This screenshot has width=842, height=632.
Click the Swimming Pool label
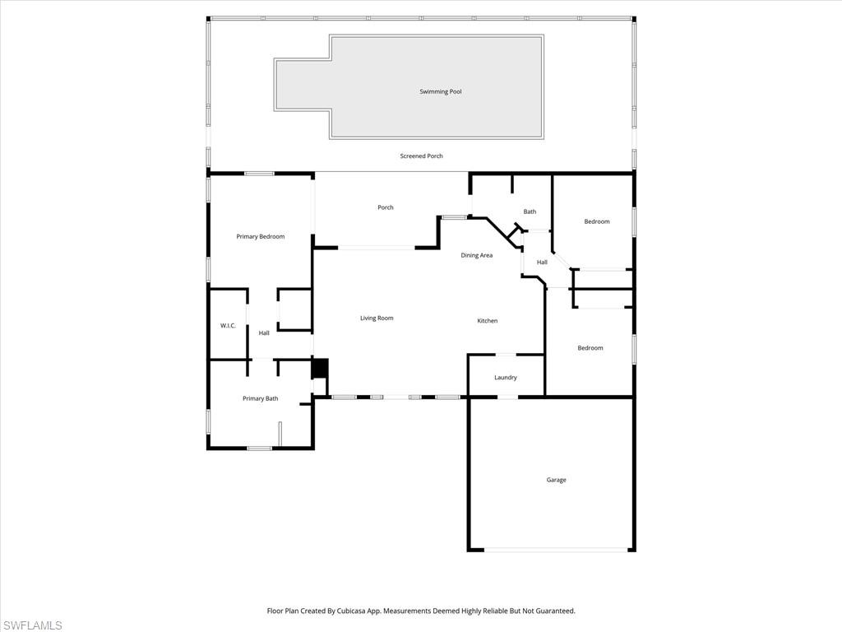click(441, 92)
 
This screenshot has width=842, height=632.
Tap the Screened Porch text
click(421, 156)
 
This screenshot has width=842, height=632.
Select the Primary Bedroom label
click(260, 237)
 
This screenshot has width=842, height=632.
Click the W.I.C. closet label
click(228, 326)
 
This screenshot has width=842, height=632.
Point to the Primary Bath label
click(260, 399)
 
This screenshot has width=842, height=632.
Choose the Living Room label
click(377, 318)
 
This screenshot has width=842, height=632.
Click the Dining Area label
click(476, 256)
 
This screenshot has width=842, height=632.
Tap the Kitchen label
click(488, 321)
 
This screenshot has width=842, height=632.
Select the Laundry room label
click(505, 378)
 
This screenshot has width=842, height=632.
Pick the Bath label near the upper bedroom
click(530, 212)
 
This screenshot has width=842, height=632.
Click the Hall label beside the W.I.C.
click(264, 333)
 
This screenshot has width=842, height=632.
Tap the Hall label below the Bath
click(542, 263)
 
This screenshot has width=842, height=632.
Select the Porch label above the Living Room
click(385, 208)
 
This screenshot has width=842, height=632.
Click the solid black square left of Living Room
click(320, 368)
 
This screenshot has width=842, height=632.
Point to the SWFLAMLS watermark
click(31, 625)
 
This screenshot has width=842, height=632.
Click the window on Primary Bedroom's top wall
click(259, 174)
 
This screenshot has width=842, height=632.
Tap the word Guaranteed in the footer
click(555, 611)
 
